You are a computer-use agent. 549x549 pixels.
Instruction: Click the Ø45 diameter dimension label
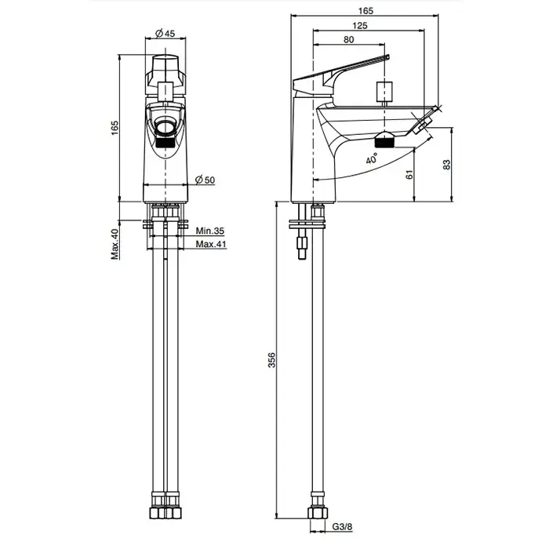tap(165, 33)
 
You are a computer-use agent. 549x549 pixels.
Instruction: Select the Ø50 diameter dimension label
tap(205, 180)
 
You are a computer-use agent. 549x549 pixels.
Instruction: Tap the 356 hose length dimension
tap(271, 360)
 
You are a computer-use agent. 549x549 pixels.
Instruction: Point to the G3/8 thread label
tap(342, 526)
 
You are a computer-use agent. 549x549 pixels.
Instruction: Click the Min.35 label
tap(209, 231)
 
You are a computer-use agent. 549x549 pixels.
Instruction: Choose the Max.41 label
tap(211, 244)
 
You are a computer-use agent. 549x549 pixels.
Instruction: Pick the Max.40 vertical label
tap(115, 244)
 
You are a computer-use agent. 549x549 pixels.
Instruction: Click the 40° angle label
tap(372, 158)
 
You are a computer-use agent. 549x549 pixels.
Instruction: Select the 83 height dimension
tap(447, 165)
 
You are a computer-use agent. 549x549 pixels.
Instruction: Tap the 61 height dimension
tap(409, 175)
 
